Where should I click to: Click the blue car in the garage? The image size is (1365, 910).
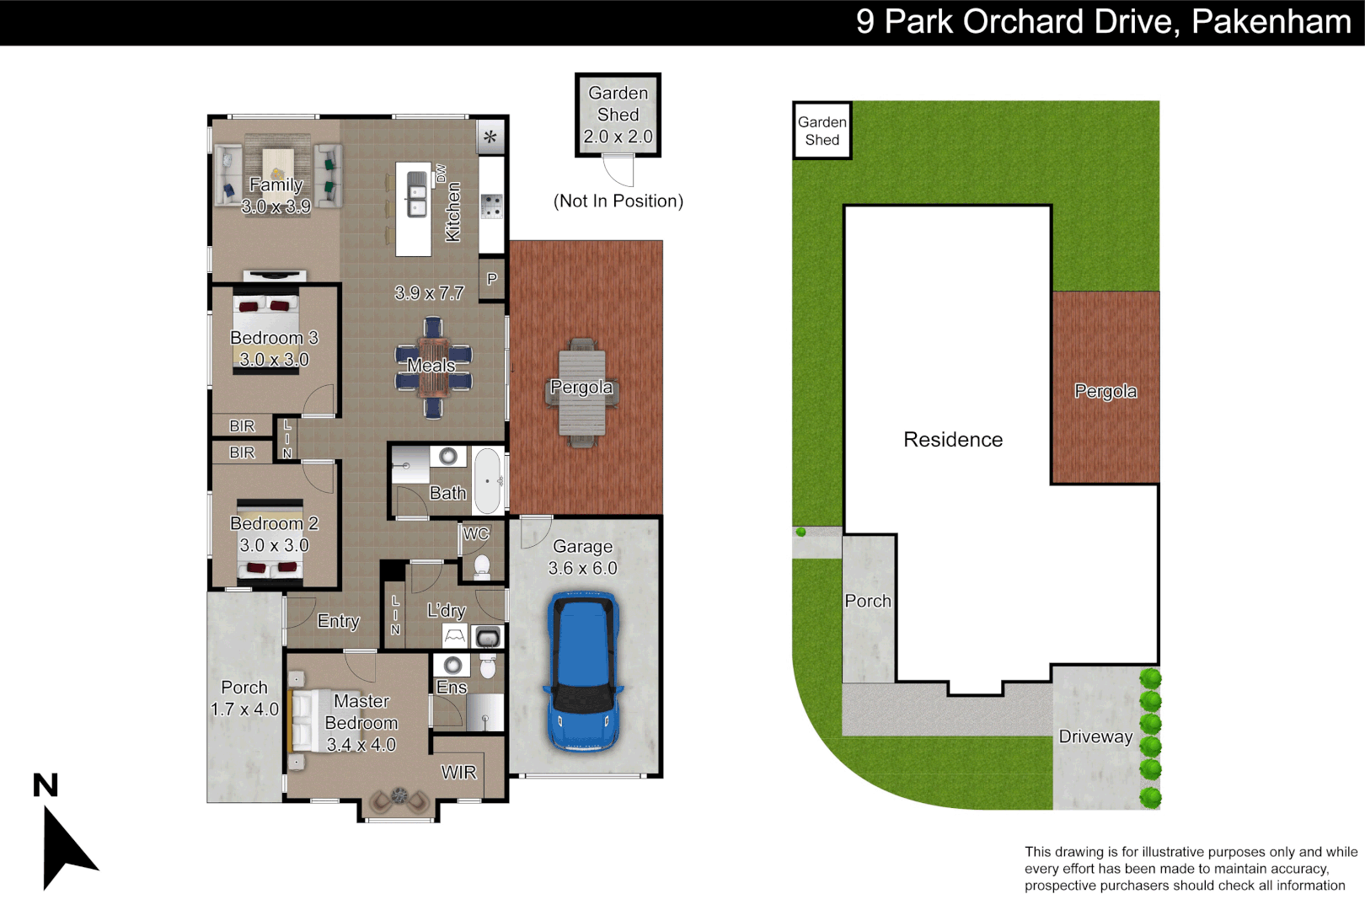coord(583,672)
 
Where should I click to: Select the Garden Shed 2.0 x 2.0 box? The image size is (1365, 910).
coord(618,115)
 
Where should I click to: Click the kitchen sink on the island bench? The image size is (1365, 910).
coord(417,194)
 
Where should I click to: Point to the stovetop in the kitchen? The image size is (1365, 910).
coord(491,206)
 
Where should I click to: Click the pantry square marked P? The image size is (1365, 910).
coord(492,279)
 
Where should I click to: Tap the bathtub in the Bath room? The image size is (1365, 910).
coord(487,481)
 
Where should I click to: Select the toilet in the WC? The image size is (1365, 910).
coord(482,565)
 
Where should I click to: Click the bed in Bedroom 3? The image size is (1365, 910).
coord(266,333)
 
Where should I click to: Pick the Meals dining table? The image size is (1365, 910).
coord(433,367)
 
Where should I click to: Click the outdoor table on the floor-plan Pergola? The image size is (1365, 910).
coord(581,393)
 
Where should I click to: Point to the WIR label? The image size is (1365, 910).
coord(458,773)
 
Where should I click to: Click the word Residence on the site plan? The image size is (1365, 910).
coord(953,440)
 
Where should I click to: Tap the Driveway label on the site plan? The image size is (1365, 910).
coord(1095,736)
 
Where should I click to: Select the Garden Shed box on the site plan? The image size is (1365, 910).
coord(822,131)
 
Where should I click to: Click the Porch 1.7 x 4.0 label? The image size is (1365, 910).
coord(244,699)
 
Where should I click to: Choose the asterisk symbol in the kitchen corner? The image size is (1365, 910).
coord(490,137)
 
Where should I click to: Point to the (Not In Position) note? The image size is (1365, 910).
coord(618,201)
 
